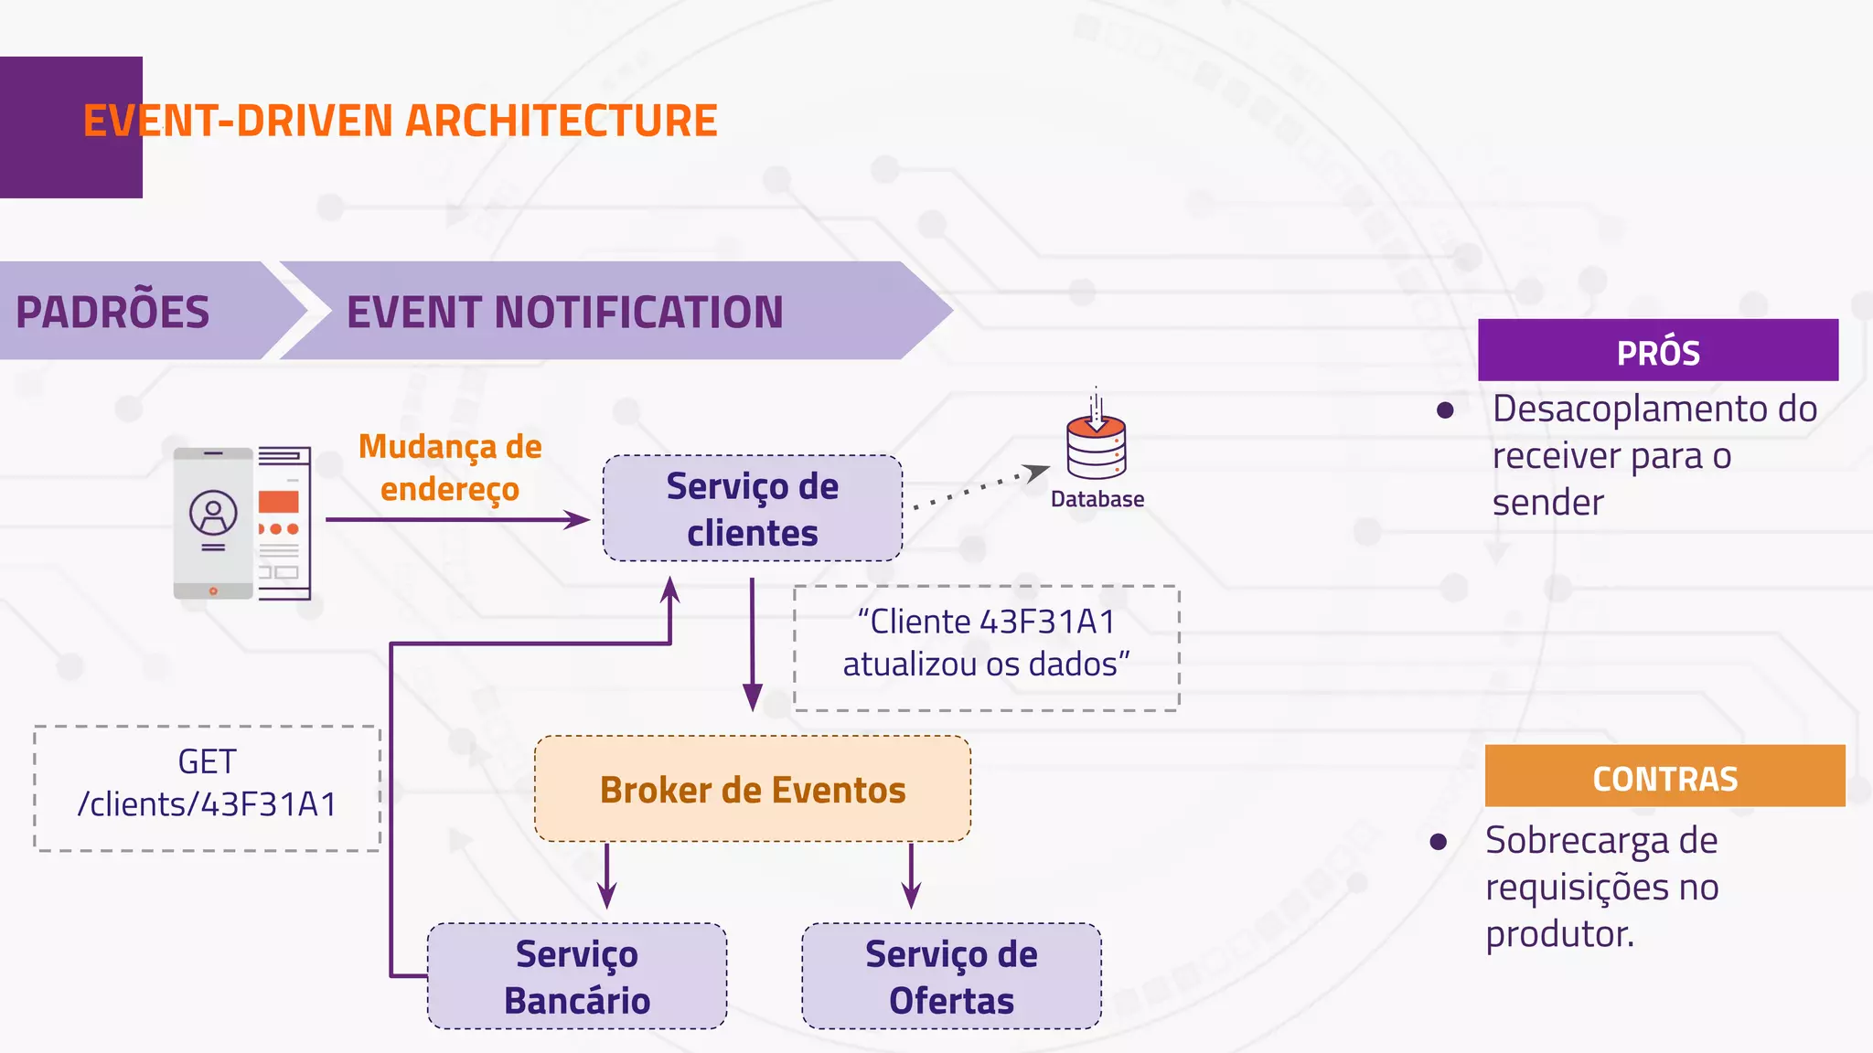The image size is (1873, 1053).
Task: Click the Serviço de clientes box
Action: point(752,508)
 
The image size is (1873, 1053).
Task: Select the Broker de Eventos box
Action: point(752,789)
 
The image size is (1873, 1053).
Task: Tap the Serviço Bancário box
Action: point(577,976)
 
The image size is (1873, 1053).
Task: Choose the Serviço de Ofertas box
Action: point(951,976)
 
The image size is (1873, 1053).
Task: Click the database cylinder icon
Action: point(1096,446)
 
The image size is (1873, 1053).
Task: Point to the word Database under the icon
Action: point(1097,499)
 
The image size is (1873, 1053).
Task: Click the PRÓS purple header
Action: point(1657,351)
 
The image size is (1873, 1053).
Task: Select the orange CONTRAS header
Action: point(1664,777)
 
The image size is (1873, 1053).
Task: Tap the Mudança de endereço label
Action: point(450,467)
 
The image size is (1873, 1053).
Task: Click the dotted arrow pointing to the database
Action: point(979,487)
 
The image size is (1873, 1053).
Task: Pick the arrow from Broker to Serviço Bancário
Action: point(607,876)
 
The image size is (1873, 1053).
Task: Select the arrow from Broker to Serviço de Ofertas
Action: point(911,876)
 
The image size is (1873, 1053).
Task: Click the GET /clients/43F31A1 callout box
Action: point(208,788)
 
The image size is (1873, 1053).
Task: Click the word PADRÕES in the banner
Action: point(112,313)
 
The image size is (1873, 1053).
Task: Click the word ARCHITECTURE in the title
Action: point(561,122)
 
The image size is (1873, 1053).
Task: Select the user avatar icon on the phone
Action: point(213,514)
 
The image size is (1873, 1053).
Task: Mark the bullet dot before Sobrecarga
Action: point(1439,841)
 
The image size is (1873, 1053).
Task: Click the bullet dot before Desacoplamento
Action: point(1445,410)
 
